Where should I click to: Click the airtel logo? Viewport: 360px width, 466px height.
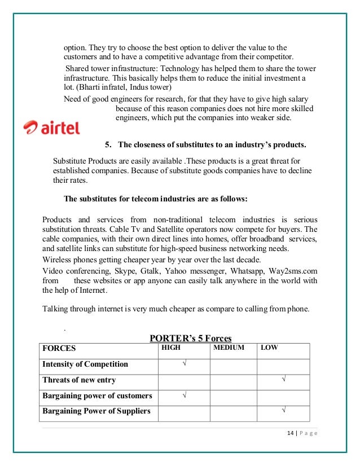click(x=51, y=128)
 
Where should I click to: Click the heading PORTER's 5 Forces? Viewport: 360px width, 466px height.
click(x=190, y=338)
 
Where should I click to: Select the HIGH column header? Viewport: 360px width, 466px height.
click(x=172, y=348)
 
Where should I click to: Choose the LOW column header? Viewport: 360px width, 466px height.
click(x=269, y=348)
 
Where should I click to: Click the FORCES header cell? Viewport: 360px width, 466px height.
click(x=59, y=349)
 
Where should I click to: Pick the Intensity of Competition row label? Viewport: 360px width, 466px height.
click(x=85, y=364)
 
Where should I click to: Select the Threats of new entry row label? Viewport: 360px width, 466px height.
click(x=79, y=380)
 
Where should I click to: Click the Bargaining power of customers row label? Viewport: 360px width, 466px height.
click(x=97, y=395)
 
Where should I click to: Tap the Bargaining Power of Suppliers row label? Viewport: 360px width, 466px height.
click(x=96, y=411)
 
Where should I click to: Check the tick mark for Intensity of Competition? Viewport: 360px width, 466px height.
click(x=184, y=364)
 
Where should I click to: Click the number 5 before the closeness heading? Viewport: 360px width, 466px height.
click(x=108, y=145)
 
